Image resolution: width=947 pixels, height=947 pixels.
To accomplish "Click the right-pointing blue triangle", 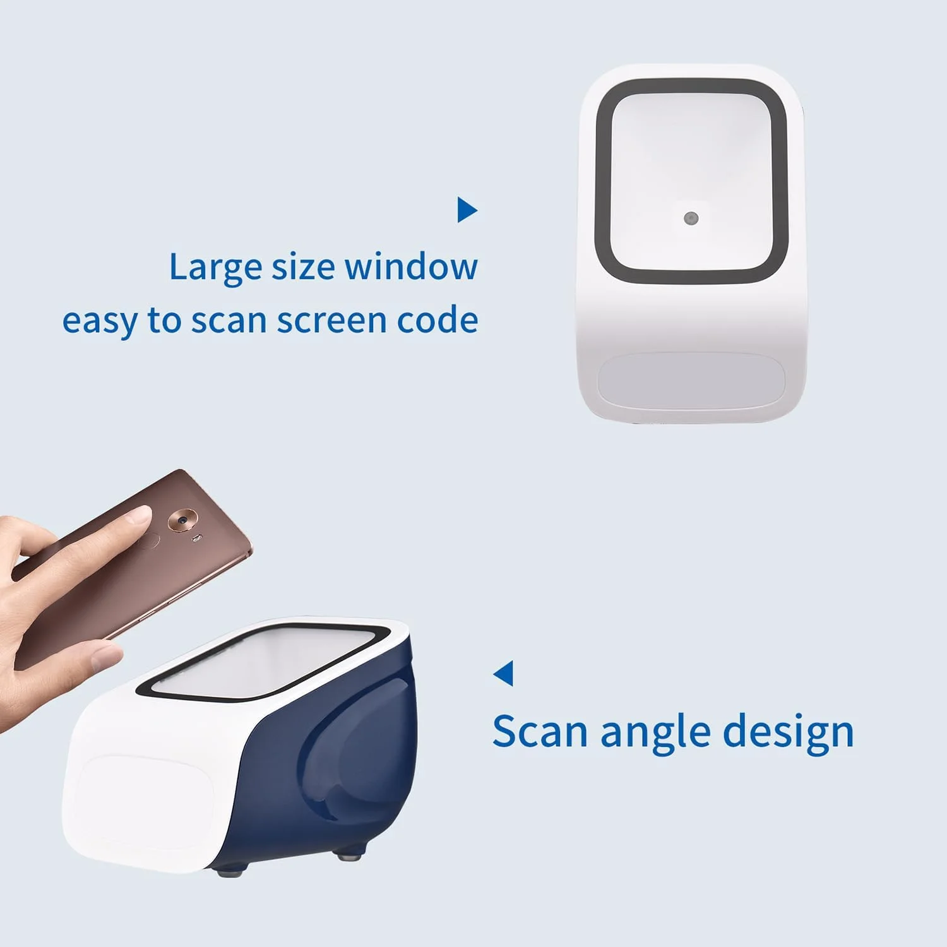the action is [x=467, y=210].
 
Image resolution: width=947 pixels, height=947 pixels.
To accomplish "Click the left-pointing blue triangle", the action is [x=504, y=673].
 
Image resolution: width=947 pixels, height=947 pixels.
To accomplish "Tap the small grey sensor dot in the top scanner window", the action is [x=691, y=218].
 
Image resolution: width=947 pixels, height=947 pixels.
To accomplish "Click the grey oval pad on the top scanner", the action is [x=691, y=381].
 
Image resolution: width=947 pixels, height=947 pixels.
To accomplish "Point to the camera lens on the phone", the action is [x=182, y=520].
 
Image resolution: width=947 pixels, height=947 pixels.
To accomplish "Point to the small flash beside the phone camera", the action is [x=198, y=538].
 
